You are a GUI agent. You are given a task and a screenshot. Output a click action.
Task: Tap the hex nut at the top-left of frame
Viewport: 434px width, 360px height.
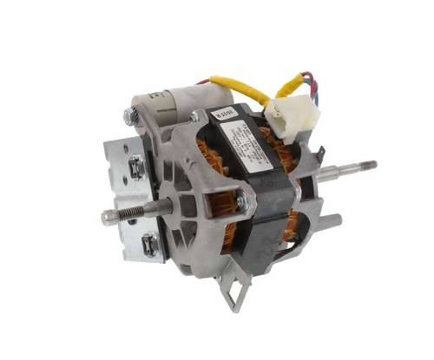[x=131, y=116]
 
